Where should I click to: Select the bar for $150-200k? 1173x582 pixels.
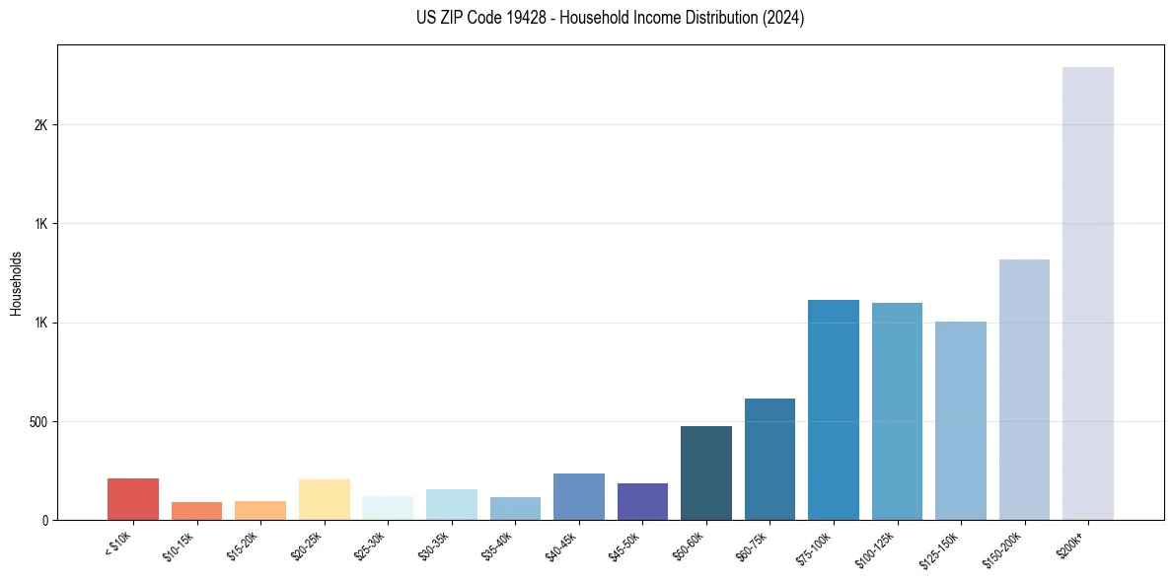pyautogui.click(x=1024, y=390)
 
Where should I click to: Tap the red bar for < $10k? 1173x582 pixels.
pyautogui.click(x=133, y=499)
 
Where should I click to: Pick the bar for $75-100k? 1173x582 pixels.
pyautogui.click(x=833, y=409)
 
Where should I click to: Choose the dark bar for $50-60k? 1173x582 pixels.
pyautogui.click(x=705, y=473)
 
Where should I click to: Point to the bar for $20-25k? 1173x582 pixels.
pyautogui.click(x=324, y=499)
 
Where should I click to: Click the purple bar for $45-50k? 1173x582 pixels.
pyautogui.click(x=642, y=501)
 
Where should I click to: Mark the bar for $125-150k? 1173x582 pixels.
pyautogui.click(x=960, y=420)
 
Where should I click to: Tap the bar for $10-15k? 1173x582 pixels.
pyautogui.click(x=196, y=511)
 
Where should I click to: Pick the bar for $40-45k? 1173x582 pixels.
pyautogui.click(x=578, y=496)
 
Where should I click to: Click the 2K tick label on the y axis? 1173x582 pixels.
pyautogui.click(x=40, y=125)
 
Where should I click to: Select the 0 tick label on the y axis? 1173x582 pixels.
pyautogui.click(x=44, y=520)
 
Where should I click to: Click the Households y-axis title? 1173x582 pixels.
pyautogui.click(x=17, y=283)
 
